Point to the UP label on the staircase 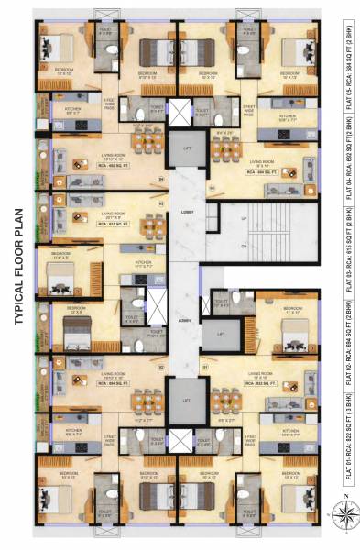click(243, 220)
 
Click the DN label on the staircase click(243, 247)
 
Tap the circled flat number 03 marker click(162, 203)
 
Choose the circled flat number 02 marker click(162, 366)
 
